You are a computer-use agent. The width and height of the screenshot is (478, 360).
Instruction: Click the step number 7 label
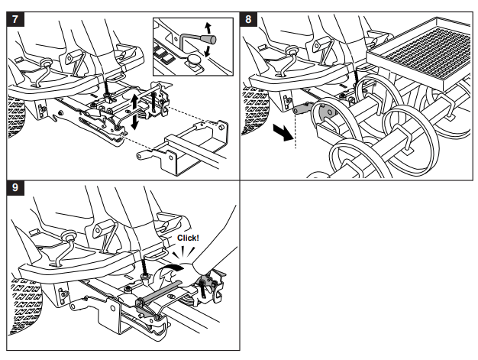15,20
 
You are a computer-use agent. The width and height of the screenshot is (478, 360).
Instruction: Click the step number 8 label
248,20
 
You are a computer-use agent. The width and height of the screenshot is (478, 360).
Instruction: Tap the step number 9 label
15,187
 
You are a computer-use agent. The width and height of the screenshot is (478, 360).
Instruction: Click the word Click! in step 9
188,238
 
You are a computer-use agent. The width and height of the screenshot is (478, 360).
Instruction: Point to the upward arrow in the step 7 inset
208,28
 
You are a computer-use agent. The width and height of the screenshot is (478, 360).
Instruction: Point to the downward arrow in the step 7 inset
208,51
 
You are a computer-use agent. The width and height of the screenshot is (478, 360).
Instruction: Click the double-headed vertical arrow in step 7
134,112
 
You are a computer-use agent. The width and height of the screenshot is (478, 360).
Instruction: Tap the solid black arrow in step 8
283,131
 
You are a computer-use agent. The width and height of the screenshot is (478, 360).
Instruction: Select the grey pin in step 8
302,108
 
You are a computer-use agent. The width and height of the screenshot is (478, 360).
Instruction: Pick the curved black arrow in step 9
172,269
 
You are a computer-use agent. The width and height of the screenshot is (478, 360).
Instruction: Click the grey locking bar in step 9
160,295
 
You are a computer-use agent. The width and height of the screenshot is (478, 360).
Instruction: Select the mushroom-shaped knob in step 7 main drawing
47,63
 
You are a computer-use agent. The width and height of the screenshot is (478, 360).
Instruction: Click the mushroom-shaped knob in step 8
293,50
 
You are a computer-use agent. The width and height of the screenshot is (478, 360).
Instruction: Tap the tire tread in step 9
25,305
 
